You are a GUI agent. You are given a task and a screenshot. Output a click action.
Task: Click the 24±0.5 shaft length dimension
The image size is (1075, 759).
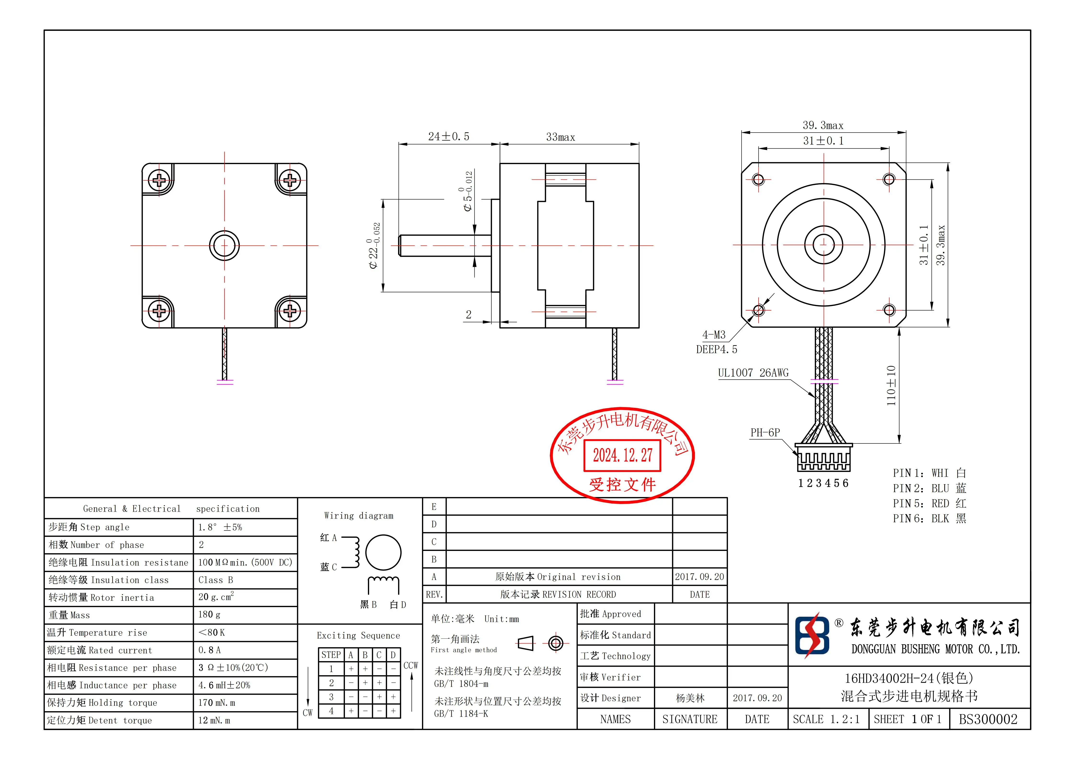(x=448, y=137)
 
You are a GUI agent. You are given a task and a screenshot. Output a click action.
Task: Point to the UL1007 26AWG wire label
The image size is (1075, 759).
(x=753, y=373)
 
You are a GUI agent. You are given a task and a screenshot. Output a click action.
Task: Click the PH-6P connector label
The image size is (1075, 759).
(x=765, y=432)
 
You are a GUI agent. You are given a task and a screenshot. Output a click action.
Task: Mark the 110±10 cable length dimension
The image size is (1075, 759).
(x=891, y=385)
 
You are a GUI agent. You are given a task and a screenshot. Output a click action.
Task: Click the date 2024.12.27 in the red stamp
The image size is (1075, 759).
(x=622, y=455)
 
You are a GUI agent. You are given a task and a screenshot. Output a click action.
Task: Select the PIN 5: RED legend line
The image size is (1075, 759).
(x=929, y=504)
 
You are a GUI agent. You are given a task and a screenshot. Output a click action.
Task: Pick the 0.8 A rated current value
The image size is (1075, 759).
(x=209, y=650)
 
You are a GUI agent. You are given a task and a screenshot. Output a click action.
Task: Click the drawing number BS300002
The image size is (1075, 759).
(x=988, y=719)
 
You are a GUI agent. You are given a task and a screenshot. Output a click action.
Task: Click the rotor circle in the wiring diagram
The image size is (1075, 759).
(x=383, y=553)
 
